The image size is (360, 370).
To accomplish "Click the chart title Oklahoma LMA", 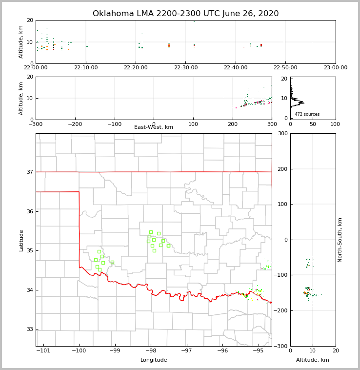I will coord(185,14).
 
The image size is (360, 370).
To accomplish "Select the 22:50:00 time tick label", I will coord(285,68).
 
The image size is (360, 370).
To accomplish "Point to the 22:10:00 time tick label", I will coord(86,68).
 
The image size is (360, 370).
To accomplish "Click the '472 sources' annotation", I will coord(307,114).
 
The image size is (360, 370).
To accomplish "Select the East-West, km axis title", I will coord(154,127).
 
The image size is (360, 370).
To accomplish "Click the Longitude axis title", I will coord(154,360).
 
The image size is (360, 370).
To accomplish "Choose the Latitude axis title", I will coord(21,240).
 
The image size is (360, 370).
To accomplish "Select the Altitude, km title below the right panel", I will coord(313,360).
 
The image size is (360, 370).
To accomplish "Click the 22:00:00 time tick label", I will coord(36,68).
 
